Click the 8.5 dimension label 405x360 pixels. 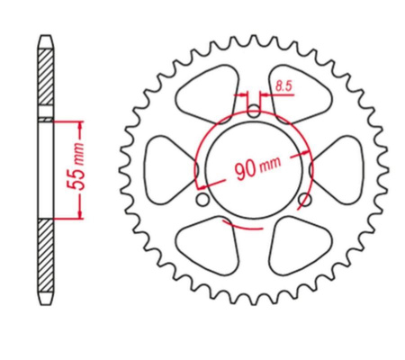coord(283,86)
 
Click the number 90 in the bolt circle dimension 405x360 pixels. coord(245,170)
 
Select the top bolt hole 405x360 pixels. coord(254,111)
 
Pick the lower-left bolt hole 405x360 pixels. coord(202,200)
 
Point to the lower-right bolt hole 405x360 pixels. coord(305,200)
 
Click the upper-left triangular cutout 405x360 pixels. coord(208,94)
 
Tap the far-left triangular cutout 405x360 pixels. coord(169,170)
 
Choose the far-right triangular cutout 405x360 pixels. coord(337,170)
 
